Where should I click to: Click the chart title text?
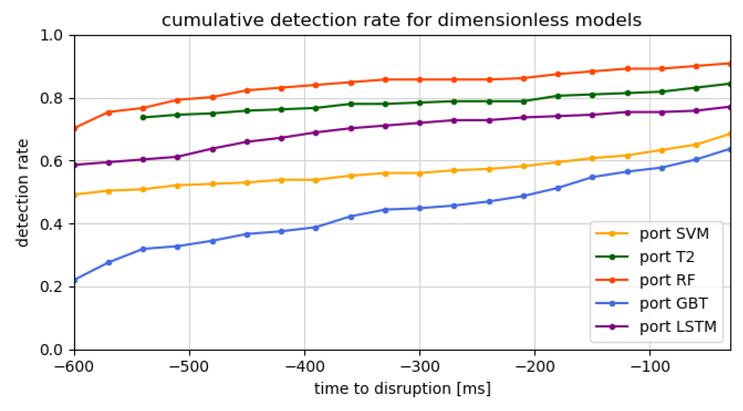tap(401, 20)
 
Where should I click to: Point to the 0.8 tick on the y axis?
tap(52, 99)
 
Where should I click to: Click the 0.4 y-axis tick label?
tap(52, 225)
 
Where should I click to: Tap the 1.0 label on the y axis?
tap(52, 36)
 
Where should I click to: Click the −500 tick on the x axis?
tap(190, 367)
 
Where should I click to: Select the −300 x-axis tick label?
tap(420, 367)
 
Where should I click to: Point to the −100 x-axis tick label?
tap(650, 367)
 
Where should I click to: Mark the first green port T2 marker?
tap(143, 117)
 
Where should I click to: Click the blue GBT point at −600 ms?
tap(75, 280)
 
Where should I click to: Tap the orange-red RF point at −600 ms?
tap(75, 129)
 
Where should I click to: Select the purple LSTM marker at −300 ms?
tap(420, 123)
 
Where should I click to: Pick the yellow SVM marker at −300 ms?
tap(420, 174)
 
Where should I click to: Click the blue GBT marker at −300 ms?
tap(420, 209)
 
